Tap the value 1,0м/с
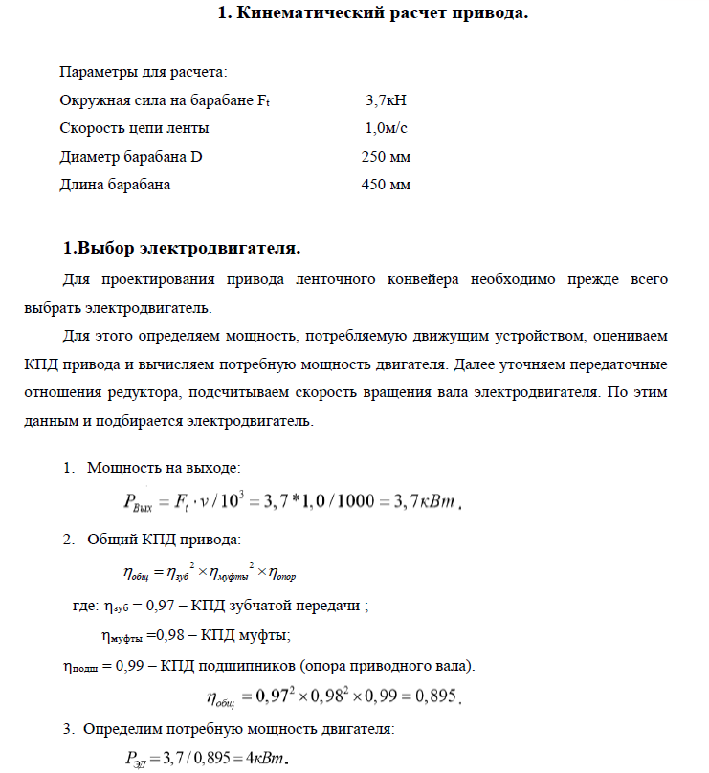387,127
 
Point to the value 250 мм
386,156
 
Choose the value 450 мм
386,185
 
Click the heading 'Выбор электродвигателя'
182,249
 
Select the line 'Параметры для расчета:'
143,72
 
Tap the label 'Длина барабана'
115,185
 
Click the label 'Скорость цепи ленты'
134,127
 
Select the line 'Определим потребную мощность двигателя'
238,730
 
